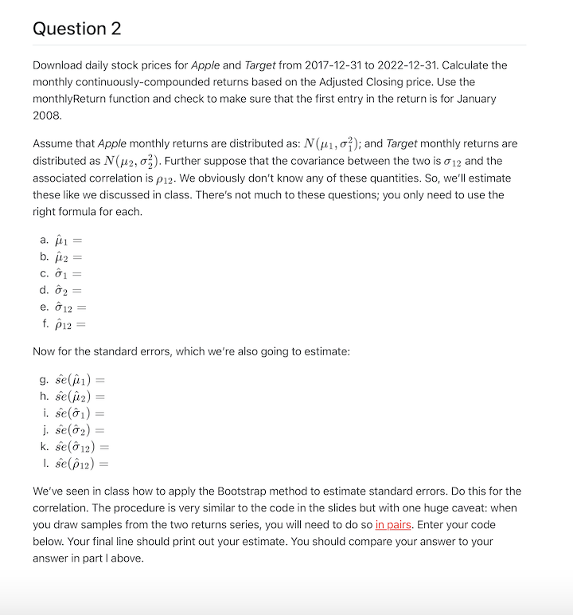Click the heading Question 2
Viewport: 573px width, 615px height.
[x=77, y=29]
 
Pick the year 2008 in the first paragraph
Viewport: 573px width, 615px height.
[x=47, y=116]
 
